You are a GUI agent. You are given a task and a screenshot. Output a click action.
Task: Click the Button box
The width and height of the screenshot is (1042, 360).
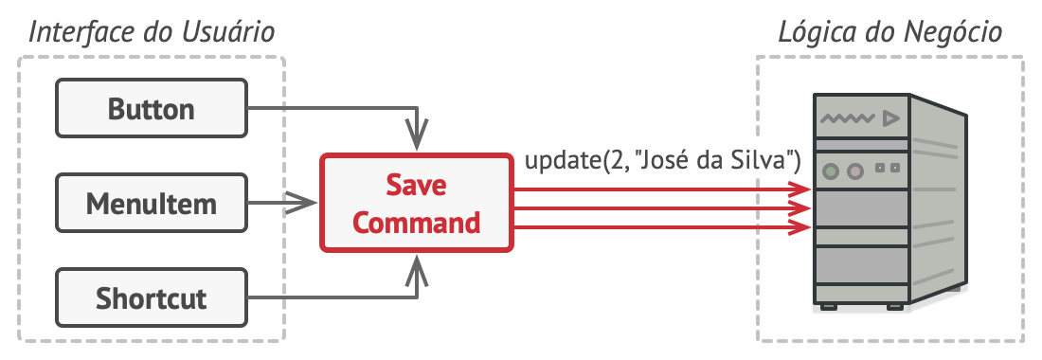point(152,109)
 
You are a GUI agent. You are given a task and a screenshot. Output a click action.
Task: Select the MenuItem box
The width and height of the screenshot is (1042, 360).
point(152,204)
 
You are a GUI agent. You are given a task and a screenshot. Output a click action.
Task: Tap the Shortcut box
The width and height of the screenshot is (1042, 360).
point(152,299)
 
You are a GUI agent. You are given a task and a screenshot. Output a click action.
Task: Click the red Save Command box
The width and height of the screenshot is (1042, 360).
point(417,204)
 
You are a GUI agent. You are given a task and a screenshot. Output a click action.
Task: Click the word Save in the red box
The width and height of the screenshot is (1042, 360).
point(417,185)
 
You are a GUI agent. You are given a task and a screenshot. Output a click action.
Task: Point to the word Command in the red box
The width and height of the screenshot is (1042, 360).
point(417,224)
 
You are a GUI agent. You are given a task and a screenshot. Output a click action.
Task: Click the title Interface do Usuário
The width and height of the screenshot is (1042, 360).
point(152,33)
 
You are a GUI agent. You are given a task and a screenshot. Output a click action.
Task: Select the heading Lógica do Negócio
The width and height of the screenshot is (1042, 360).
point(889,33)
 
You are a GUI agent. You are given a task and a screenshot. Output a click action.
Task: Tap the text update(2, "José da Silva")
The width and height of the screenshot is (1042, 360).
point(663,162)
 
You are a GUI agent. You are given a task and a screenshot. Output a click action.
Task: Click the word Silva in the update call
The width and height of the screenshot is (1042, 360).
point(770,162)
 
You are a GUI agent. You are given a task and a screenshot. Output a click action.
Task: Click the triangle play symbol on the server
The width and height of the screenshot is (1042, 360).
point(889,119)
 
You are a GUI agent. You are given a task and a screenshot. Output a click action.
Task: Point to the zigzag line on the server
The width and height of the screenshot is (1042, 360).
point(846,119)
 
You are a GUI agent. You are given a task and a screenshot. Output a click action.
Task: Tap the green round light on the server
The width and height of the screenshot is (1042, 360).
point(832,171)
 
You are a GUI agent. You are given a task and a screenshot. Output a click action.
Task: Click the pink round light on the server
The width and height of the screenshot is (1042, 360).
point(855,171)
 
